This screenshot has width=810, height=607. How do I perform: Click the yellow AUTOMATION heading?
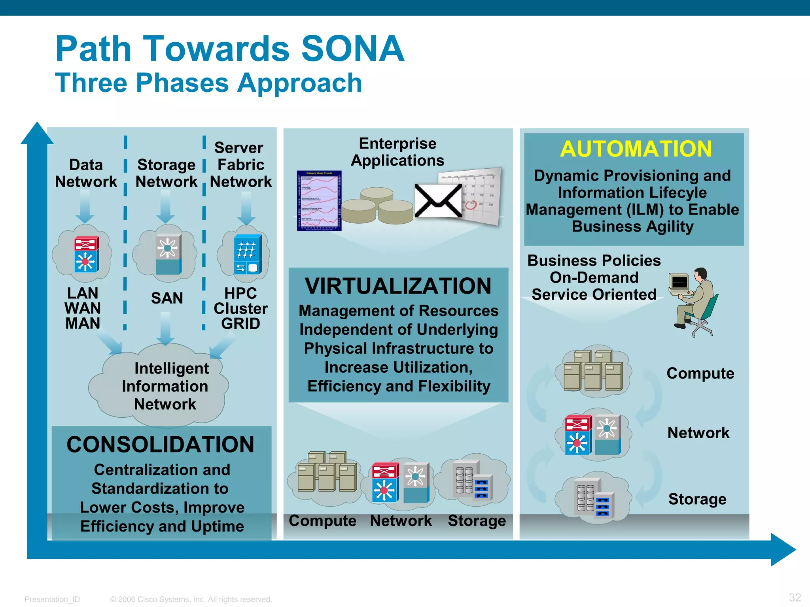pos(636,149)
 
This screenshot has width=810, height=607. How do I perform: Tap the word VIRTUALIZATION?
pos(398,286)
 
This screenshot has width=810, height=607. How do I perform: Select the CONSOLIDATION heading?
pos(161,445)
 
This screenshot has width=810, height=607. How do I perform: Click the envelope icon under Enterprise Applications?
pos(438,201)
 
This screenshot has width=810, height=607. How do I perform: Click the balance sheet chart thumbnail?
pos(319,201)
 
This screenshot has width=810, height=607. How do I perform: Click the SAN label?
pos(167,298)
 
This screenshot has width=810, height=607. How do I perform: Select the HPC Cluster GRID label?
pos(240,308)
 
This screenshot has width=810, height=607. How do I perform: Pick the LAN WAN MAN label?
pos(83,308)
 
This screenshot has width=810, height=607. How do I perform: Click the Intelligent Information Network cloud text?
pos(165,386)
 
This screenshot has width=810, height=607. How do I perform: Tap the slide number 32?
pos(795,597)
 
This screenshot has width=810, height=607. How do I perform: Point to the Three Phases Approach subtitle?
pos(208,83)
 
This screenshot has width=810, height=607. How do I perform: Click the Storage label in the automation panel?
pos(697,499)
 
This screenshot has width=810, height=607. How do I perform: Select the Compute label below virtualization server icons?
pos(322,521)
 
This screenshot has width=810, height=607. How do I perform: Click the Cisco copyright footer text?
pos(191,599)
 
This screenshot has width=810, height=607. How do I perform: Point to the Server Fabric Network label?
pos(240,164)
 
